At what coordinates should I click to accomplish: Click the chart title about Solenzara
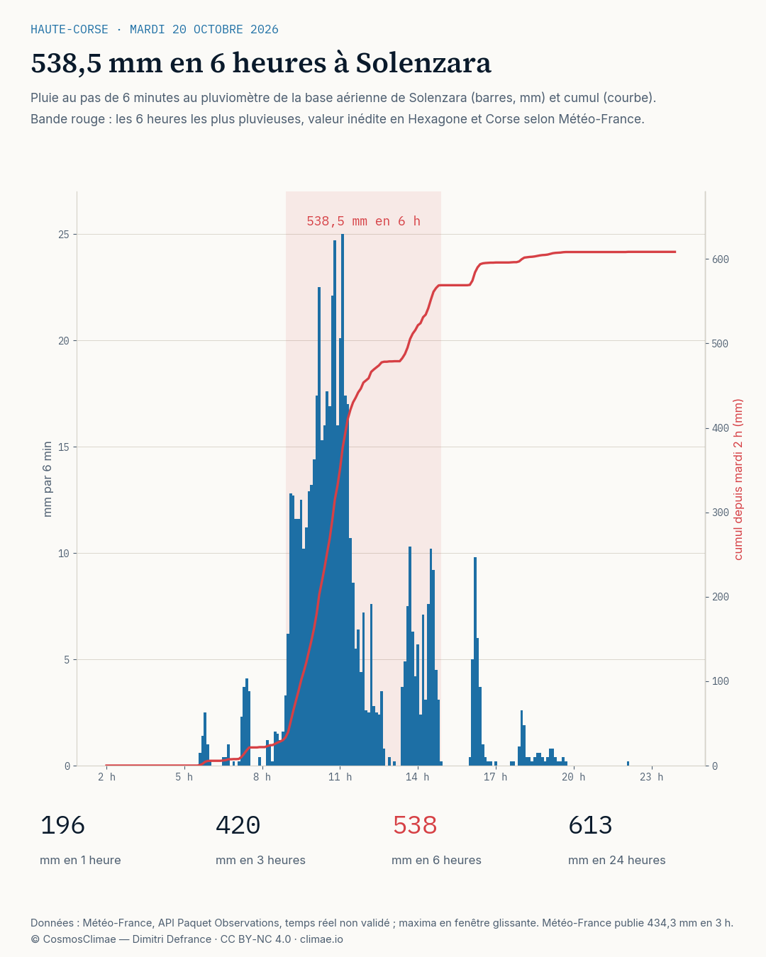click(x=261, y=63)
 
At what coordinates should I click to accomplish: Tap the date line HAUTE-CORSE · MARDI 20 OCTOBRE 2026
click(x=155, y=29)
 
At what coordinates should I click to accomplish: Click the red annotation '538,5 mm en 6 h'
click(x=363, y=221)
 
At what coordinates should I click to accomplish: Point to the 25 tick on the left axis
click(x=64, y=235)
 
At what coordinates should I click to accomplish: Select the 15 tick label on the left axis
click(x=64, y=447)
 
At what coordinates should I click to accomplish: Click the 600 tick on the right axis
click(x=720, y=259)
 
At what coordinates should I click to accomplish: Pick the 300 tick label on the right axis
click(x=720, y=513)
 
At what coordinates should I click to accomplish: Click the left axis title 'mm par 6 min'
click(x=48, y=479)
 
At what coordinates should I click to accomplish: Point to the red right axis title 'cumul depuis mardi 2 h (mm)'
click(x=738, y=479)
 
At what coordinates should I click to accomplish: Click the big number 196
click(x=62, y=825)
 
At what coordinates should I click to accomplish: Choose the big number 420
click(x=238, y=825)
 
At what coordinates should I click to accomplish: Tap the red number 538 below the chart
click(x=414, y=825)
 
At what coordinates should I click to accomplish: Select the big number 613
click(x=590, y=825)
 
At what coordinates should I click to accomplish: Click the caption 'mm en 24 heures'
click(x=616, y=860)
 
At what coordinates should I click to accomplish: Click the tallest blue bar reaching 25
click(x=343, y=500)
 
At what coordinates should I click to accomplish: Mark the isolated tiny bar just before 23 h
click(x=628, y=763)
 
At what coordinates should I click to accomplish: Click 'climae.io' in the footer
click(x=321, y=939)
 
